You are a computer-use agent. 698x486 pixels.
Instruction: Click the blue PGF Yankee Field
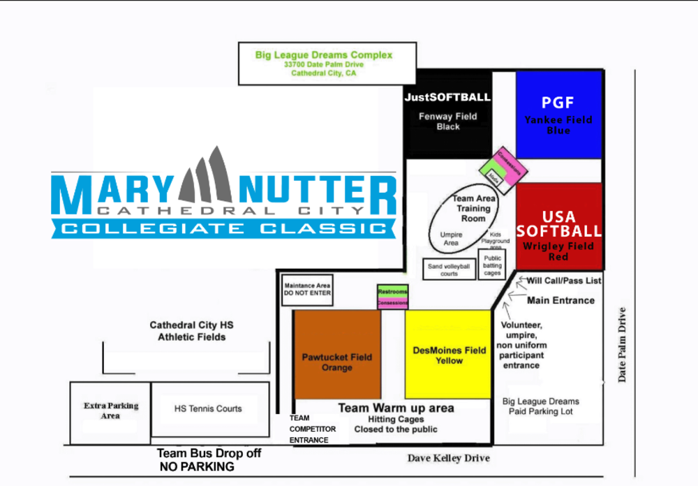pyautogui.click(x=558, y=115)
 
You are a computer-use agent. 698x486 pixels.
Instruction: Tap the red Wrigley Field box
pyautogui.click(x=558, y=226)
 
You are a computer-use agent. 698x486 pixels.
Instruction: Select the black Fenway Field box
pyautogui.click(x=448, y=116)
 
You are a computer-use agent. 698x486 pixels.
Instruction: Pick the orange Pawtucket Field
pyautogui.click(x=337, y=355)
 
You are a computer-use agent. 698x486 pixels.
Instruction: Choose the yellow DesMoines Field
pyautogui.click(x=449, y=355)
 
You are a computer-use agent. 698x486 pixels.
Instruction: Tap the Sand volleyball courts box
pyautogui.click(x=449, y=269)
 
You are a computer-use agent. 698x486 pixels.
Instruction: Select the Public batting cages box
pyautogui.click(x=492, y=265)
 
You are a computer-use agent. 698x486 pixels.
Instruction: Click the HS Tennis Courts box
pyautogui.click(x=209, y=409)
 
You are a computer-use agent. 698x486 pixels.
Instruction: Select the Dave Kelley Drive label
pyautogui.click(x=448, y=458)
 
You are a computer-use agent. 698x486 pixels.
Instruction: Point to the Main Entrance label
pyautogui.click(x=560, y=300)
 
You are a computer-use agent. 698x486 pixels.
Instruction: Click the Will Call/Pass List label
pyautogui.click(x=563, y=281)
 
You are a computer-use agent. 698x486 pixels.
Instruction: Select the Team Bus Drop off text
pyautogui.click(x=209, y=453)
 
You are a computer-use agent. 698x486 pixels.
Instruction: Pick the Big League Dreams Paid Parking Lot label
pyautogui.click(x=541, y=406)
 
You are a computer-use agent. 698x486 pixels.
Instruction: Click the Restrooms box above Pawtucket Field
pyautogui.click(x=392, y=291)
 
